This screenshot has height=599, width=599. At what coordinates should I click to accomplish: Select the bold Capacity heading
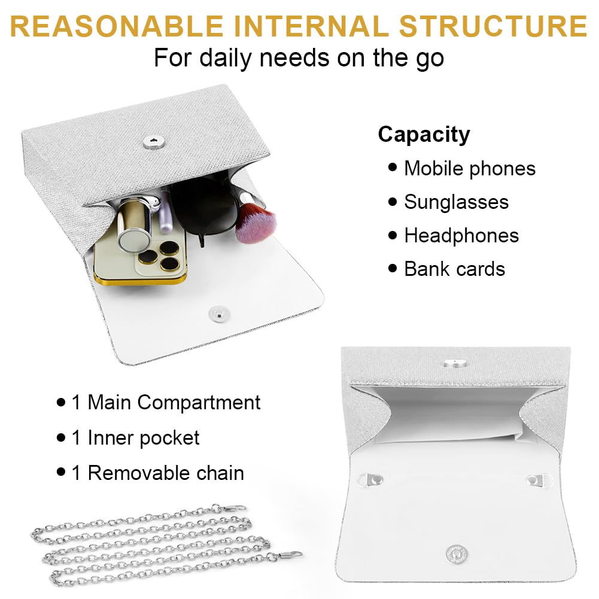coord(424,135)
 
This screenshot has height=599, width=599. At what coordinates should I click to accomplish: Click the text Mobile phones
coord(470,169)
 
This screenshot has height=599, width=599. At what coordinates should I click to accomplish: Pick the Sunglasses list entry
coord(456,202)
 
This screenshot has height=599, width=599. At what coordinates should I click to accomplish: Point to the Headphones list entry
coord(461,235)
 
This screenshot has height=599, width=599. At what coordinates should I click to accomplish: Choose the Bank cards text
coord(455,269)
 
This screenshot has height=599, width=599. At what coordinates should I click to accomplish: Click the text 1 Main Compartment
coord(166,402)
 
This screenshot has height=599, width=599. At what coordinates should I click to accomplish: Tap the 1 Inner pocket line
coord(135,438)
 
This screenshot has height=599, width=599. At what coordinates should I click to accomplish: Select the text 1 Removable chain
coord(158,473)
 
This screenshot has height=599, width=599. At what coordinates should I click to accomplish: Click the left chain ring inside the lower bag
coord(371,479)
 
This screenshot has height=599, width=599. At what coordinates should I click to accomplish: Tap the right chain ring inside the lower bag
coord(539,481)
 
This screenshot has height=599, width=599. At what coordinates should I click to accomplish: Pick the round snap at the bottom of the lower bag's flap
coord(457,554)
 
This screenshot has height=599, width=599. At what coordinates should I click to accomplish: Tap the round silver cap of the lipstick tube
coord(134,239)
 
